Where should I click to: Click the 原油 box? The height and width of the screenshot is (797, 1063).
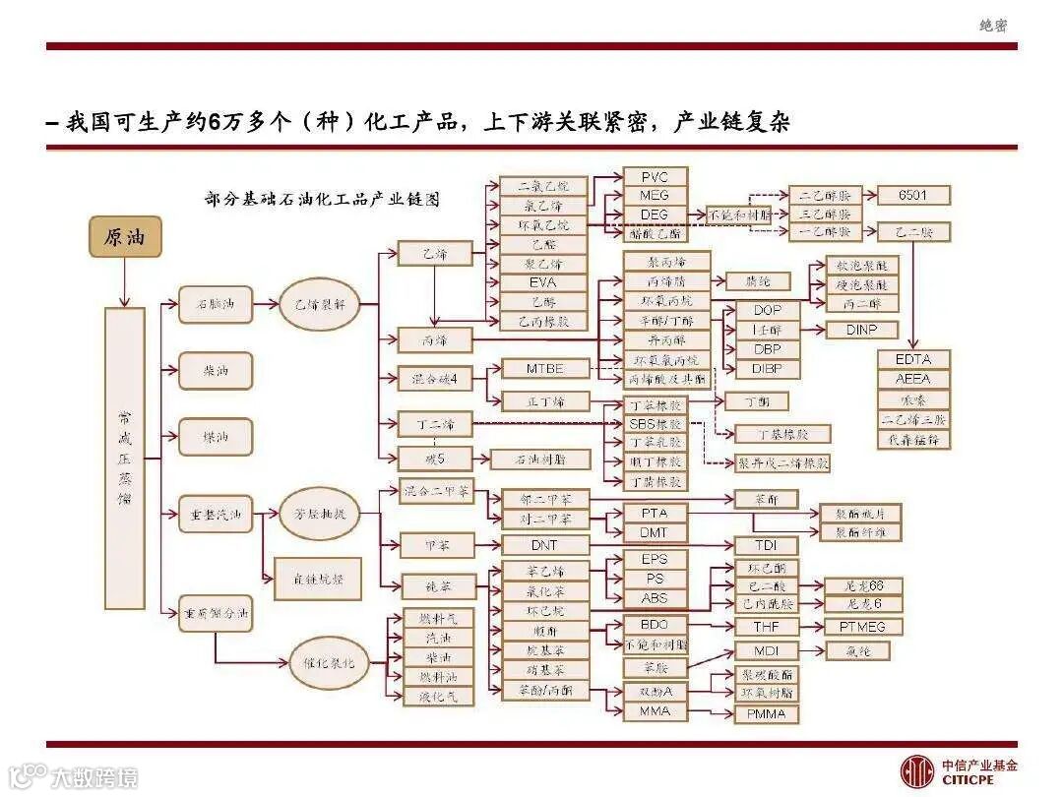point(125,237)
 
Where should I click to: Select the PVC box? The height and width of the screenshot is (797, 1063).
point(655,177)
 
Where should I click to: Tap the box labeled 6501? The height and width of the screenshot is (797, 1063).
point(912,195)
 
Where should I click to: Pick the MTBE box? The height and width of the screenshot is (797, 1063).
point(545,369)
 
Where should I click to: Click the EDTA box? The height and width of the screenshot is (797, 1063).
point(913,359)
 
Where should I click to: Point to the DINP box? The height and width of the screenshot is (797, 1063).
point(860,331)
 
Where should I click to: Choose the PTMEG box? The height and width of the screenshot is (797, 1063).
point(862,627)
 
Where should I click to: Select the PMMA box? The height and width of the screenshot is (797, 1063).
point(766,713)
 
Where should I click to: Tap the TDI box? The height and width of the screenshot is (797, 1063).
point(766,545)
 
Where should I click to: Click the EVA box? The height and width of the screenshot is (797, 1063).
point(542,282)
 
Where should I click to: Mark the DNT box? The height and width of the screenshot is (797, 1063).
point(544,545)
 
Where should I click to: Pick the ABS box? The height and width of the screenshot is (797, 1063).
point(655,597)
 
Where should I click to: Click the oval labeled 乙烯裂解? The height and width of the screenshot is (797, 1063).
point(320,305)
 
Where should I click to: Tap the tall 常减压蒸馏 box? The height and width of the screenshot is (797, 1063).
point(125,458)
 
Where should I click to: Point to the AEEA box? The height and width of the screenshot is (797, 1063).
point(913,379)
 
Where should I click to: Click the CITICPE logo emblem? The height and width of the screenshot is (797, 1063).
point(917,770)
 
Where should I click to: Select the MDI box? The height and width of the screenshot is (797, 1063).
point(766,651)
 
